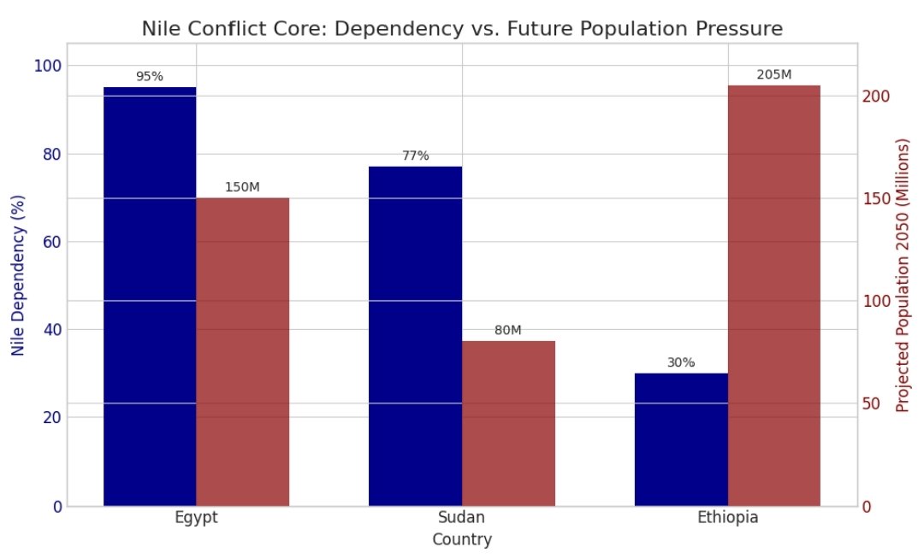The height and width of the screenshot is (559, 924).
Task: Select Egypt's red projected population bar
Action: coord(243,351)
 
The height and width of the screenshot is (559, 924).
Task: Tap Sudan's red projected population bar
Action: coord(508,423)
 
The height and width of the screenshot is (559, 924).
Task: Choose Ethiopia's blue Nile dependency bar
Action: coord(681,439)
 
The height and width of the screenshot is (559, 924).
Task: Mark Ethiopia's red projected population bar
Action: coord(774,296)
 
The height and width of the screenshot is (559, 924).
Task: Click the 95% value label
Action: coord(150,76)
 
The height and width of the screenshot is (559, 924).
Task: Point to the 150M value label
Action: coord(242,187)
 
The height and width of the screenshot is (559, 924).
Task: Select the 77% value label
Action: coord(416,156)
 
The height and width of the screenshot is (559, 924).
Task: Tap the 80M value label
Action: coord(508,331)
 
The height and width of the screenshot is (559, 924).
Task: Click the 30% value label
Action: coord(681,362)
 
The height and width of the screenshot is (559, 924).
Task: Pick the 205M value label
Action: coord(774,74)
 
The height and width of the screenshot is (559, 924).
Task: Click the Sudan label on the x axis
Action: coord(461,518)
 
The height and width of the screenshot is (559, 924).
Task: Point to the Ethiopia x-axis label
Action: coord(727,518)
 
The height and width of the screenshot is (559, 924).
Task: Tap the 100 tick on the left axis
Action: coord(50,66)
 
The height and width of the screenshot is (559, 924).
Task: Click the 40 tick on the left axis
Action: coord(53,330)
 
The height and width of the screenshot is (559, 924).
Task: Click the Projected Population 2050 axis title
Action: coord(902,274)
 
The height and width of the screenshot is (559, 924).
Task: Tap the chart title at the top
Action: coord(462,28)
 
